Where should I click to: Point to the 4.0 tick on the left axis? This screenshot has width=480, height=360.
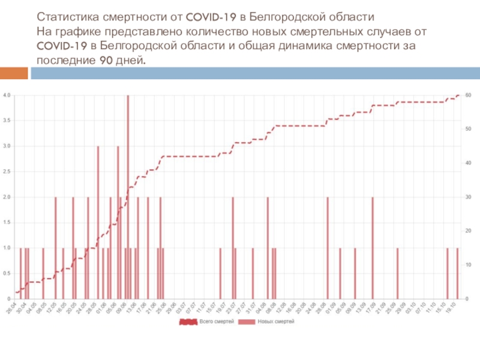point(7,95)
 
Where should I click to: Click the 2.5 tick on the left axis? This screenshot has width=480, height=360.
point(7,172)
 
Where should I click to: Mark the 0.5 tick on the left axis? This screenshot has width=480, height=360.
point(7,274)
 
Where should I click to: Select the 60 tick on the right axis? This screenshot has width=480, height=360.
point(468,95)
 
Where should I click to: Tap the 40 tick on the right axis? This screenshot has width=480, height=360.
point(468,163)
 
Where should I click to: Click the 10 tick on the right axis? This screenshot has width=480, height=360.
point(468,265)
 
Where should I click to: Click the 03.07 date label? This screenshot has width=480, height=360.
point(181,307)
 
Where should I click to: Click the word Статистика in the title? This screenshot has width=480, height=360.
point(65,15)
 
